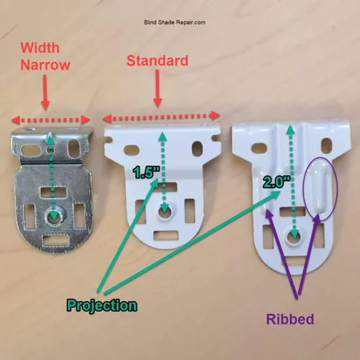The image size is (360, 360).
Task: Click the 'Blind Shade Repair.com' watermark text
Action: tap(175, 22)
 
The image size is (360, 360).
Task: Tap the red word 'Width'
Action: tap(40, 48)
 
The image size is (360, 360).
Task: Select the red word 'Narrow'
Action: tap(45, 65)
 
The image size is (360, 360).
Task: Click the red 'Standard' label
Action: tap(158, 60)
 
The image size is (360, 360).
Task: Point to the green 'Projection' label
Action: tap(102, 306)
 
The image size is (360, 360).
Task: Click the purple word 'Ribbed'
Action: tap(290, 319)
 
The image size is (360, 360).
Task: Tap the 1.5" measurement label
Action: tap(147, 172)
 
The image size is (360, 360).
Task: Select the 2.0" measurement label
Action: tap(276, 181)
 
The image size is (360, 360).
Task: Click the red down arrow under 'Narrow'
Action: tap(45, 92)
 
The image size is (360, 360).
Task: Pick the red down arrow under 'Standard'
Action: tap(158, 89)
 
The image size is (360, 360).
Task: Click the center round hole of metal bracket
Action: tap(53, 217)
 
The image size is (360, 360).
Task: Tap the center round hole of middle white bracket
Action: tap(165, 212)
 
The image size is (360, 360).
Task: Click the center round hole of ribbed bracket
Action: tap(294, 236)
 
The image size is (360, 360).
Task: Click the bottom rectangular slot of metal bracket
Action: tap(55, 240)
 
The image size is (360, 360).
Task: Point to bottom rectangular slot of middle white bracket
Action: tap(166, 235)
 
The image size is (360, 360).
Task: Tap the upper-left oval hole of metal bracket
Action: tap(28, 150)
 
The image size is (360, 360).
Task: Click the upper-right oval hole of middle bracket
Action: tap(197, 148)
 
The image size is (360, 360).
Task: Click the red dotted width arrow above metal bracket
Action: tap(50, 120)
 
